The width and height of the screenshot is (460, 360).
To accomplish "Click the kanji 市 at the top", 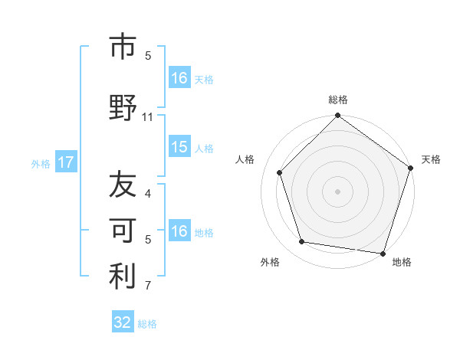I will (x=123, y=47).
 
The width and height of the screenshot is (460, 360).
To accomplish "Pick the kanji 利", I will (x=123, y=277).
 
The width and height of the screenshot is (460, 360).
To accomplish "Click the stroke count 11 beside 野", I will (x=148, y=117).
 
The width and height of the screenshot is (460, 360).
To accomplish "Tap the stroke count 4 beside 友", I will (x=148, y=194).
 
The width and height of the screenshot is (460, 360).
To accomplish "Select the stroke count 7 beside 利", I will (x=148, y=286).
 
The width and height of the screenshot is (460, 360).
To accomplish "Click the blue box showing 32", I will (x=123, y=322).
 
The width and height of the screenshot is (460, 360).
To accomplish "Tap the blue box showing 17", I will (x=65, y=162).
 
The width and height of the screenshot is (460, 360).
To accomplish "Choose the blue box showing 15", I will (x=179, y=147).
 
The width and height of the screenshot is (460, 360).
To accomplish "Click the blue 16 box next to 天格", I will (x=179, y=78).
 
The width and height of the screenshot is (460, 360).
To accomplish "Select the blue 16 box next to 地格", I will (x=179, y=231).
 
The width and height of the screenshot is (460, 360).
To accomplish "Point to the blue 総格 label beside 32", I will (x=147, y=324).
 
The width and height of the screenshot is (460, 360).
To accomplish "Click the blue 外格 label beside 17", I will (x=41, y=163).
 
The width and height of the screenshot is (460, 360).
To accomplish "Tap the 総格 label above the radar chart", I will (x=337, y=100).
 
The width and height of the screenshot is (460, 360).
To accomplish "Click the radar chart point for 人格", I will (x=280, y=172).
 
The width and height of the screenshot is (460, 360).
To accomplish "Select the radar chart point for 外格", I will (x=302, y=242).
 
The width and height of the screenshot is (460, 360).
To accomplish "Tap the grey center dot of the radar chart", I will (x=337, y=191).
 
